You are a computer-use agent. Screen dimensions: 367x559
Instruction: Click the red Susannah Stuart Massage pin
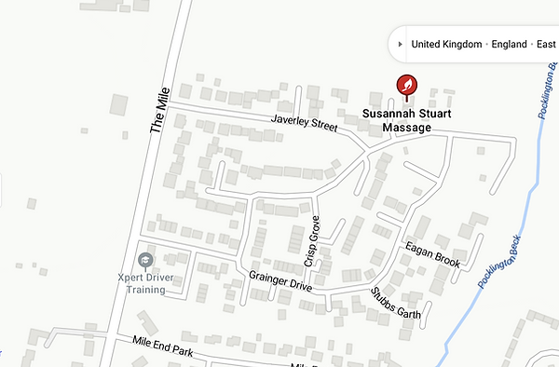(407, 86)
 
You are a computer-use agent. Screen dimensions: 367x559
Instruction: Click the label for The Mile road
(157, 116)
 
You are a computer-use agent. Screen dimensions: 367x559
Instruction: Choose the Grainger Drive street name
(279, 280)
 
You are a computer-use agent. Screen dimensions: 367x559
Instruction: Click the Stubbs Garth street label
(396, 304)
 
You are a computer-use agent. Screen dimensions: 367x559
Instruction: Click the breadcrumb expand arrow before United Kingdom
(400, 44)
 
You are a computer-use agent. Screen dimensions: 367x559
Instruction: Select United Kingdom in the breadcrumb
(447, 44)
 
